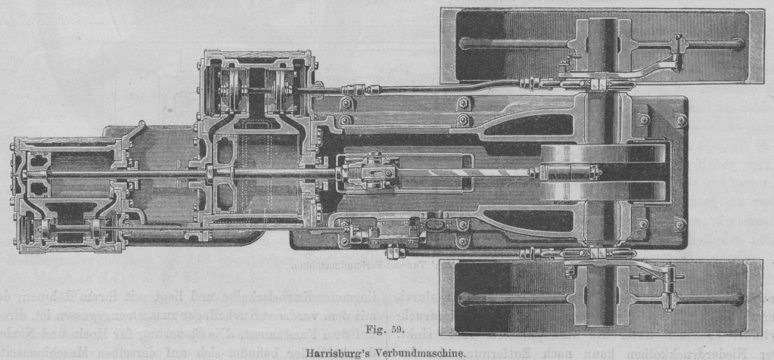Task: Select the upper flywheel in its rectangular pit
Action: (601, 45)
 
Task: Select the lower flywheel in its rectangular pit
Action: (601, 299)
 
